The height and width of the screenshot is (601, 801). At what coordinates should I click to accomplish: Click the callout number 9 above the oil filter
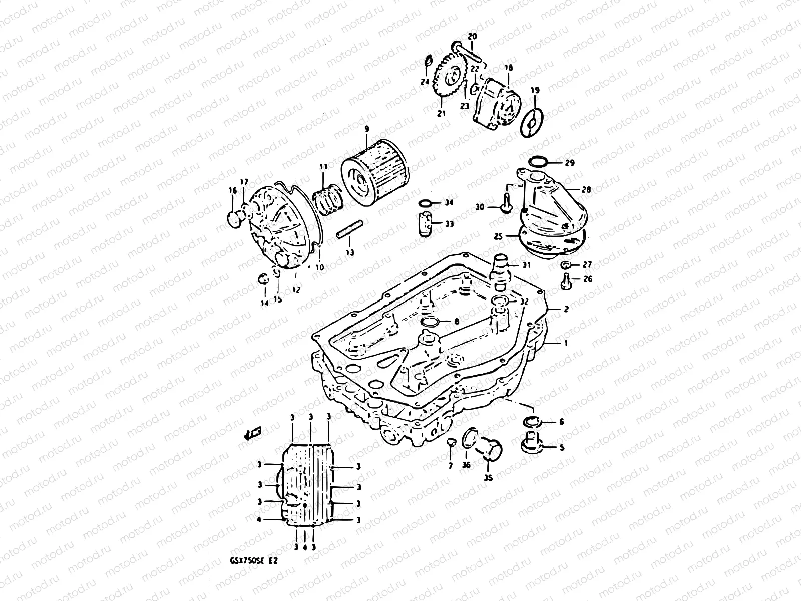pyautogui.click(x=366, y=130)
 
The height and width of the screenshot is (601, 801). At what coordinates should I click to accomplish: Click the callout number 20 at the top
pyautogui.click(x=472, y=36)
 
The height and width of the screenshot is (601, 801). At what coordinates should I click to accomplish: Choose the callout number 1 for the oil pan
pyautogui.click(x=566, y=344)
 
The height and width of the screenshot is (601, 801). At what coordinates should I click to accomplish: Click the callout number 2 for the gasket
pyautogui.click(x=566, y=309)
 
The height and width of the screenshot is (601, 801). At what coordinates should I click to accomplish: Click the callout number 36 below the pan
pyautogui.click(x=466, y=465)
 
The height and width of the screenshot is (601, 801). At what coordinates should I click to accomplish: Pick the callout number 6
pyautogui.click(x=562, y=422)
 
